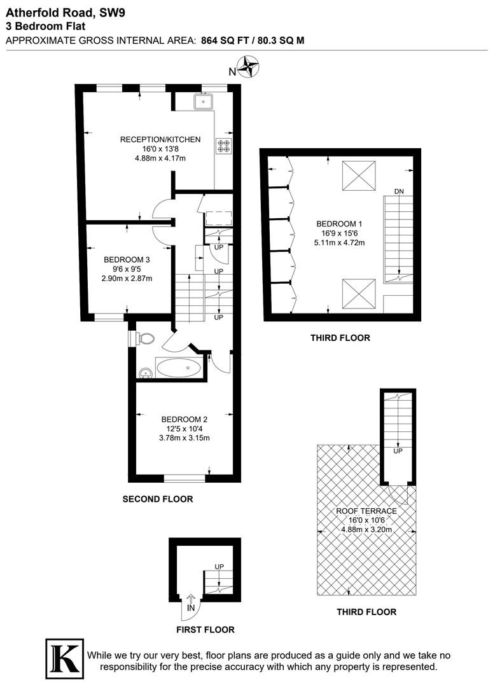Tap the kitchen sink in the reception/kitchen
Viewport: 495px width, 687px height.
click(203, 101)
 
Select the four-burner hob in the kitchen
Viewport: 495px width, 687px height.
click(224, 146)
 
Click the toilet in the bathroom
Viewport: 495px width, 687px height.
click(143, 338)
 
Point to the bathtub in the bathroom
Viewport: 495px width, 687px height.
click(179, 368)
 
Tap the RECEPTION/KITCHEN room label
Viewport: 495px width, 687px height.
click(160, 140)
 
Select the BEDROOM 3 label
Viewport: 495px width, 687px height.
click(127, 260)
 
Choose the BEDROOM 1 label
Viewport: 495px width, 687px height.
click(339, 224)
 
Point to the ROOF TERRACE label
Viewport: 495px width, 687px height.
click(366, 511)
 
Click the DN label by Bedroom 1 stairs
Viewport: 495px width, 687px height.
click(399, 191)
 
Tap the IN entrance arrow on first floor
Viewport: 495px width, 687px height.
click(190, 603)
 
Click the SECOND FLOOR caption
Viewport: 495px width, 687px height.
click(158, 499)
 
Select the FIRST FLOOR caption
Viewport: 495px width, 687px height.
click(206, 630)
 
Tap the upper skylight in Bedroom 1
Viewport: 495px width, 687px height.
click(359, 176)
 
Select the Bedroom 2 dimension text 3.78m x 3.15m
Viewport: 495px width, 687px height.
click(185, 438)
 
